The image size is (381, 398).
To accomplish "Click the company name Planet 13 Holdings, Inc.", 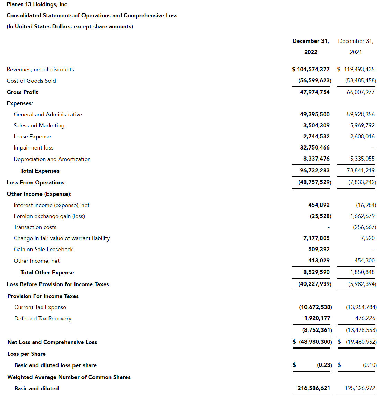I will point(37,4).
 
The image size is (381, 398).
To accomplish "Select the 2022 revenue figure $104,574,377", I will point(311,69).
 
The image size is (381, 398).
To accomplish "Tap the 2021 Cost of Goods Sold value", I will point(361,80).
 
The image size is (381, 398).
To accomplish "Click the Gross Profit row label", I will point(22,92).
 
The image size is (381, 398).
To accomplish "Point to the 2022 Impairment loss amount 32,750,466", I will point(314,147).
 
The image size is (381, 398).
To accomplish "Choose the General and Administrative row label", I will point(48,114).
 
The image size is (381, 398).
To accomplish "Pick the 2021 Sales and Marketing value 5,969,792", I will point(362,125).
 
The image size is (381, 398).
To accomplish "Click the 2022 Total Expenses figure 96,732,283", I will point(314,170).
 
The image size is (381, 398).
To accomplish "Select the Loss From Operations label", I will point(35,182).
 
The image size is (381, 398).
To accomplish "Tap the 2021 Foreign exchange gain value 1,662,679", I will point(362,216).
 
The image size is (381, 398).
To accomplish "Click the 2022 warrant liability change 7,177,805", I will point(316,238).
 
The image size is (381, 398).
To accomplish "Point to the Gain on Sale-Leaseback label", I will point(43,249).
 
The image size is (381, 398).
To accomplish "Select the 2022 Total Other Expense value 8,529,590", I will point(316,272).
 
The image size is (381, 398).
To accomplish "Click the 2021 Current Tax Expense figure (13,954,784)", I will point(361,307).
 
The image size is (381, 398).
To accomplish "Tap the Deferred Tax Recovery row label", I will point(43,318).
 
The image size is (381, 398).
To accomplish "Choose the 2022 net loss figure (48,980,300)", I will point(315,342).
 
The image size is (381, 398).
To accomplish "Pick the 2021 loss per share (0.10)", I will point(370,365).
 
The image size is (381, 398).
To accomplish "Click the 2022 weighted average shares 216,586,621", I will point(314,388).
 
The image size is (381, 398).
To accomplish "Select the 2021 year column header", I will point(355,52).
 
